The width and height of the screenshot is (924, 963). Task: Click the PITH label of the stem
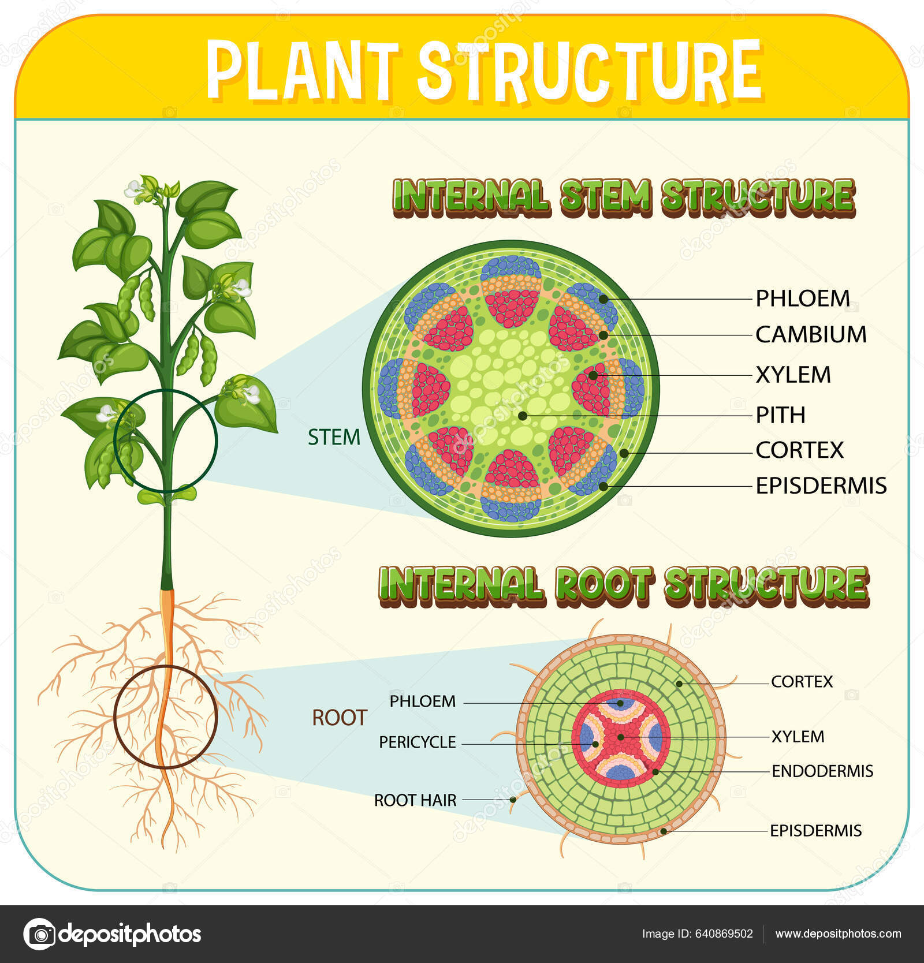(780, 415)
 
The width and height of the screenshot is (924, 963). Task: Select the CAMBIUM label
(811, 335)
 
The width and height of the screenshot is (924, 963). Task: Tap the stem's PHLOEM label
(803, 298)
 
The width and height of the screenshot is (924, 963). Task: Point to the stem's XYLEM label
(793, 375)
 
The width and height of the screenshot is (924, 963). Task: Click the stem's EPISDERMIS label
(821, 486)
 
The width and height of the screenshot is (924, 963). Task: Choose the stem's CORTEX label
(799, 450)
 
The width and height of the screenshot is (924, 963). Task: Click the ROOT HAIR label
(415, 800)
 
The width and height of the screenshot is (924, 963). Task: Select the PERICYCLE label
(417, 742)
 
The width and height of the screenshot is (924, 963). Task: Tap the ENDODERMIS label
(822, 771)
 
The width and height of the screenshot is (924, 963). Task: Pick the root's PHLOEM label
(422, 701)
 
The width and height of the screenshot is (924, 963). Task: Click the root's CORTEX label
(802, 682)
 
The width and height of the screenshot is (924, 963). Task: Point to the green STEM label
(334, 438)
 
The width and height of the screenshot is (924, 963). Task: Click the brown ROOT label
(339, 718)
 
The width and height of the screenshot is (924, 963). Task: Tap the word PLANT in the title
(303, 70)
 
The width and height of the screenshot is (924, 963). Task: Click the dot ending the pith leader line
(522, 415)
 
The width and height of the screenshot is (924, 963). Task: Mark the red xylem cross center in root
(621, 737)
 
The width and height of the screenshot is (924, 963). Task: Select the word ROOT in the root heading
(604, 584)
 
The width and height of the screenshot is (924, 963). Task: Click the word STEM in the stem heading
(605, 196)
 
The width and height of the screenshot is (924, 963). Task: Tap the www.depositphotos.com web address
(838, 934)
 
